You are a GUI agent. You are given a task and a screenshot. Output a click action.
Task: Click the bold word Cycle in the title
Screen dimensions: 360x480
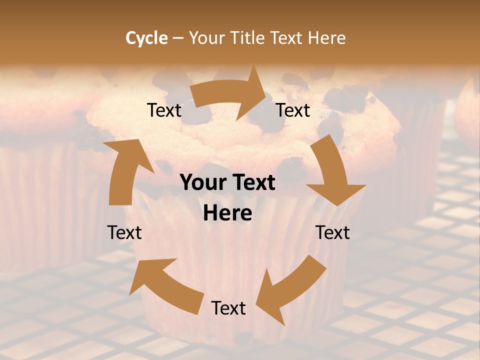tap(146, 38)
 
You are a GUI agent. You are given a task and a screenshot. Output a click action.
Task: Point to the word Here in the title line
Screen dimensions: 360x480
tap(326, 38)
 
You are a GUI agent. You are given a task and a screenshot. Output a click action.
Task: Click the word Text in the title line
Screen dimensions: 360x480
tap(287, 38)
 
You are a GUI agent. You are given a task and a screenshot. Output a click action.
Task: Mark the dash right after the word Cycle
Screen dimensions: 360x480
tap(178, 38)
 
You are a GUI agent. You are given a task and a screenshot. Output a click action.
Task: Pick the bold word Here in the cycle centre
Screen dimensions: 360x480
tap(227, 213)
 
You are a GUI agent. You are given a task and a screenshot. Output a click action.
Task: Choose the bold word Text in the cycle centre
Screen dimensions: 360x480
tap(253, 183)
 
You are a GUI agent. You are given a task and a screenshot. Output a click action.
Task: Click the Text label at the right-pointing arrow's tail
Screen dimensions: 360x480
tap(164, 110)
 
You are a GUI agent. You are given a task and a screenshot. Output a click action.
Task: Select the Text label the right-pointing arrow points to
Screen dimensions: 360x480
tap(293, 110)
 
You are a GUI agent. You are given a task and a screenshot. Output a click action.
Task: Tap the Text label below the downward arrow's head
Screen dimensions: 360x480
tap(332, 232)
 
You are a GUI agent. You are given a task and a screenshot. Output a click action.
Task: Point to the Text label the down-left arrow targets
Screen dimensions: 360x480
tap(228, 308)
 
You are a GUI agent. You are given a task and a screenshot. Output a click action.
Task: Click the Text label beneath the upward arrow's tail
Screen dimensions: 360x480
tap(124, 232)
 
